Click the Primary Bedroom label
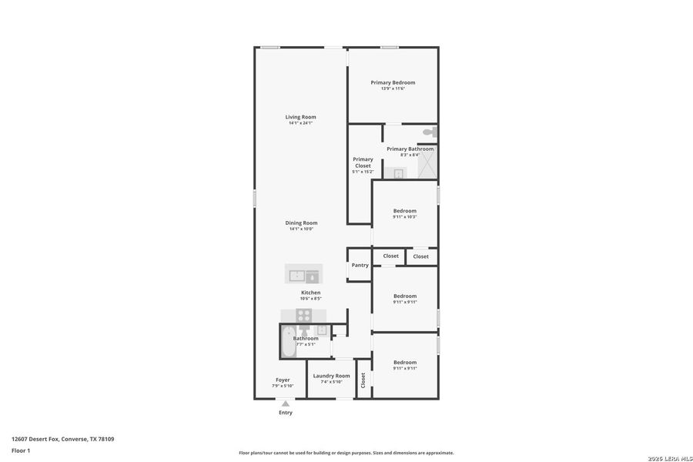coord(393,82)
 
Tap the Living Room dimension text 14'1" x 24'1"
coord(301,123)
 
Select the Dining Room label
coord(301,223)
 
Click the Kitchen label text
coord(310,293)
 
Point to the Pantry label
coord(360,265)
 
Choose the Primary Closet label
coord(363,162)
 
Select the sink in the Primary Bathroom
coord(397,173)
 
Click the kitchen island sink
coord(297,275)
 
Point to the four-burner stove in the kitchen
coord(304,315)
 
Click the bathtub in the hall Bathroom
coord(286,341)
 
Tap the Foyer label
coord(283,380)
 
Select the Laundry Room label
coord(331,376)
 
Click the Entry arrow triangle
coord(286,403)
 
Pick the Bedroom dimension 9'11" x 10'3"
coord(404,217)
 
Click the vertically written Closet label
coord(363,379)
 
